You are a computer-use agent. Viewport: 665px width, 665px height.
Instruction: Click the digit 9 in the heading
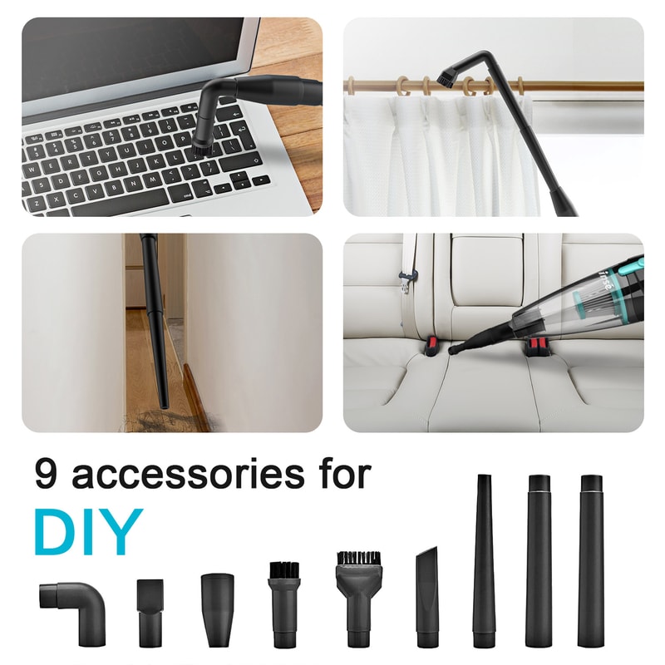[x=47, y=474]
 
